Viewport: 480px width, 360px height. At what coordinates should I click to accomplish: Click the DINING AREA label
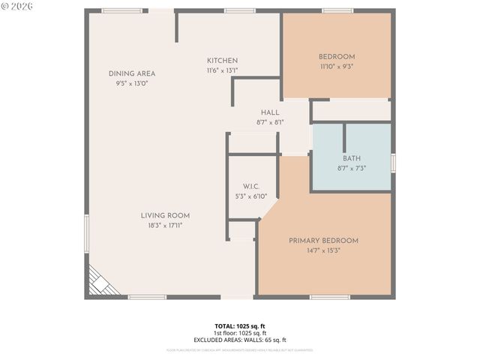pos(132,73)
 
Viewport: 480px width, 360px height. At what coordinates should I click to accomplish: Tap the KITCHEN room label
pos(223,61)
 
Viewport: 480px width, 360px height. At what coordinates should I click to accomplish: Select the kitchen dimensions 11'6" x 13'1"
pos(223,70)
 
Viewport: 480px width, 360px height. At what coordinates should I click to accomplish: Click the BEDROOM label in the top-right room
pos(337,57)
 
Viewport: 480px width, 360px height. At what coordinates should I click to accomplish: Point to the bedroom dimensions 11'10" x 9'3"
pos(337,67)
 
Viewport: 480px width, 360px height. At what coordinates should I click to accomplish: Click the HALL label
pos(270,112)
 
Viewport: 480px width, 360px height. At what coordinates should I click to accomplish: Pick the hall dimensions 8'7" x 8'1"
pos(270,122)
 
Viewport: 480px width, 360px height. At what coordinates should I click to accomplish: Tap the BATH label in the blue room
pos(352,158)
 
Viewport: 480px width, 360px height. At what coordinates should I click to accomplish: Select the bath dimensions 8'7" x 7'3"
pos(352,168)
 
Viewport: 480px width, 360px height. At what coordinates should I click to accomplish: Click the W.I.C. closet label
pos(250,186)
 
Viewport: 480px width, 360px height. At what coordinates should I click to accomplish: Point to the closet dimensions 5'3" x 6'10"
pos(250,196)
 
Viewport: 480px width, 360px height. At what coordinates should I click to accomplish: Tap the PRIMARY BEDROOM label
pos(323,241)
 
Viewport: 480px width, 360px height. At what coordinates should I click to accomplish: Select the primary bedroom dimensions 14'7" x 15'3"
pos(323,250)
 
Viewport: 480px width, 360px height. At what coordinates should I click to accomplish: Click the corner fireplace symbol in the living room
pos(97,284)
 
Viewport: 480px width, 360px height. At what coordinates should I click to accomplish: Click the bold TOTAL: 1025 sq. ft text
pos(240,326)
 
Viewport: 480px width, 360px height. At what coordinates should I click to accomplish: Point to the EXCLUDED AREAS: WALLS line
pos(240,340)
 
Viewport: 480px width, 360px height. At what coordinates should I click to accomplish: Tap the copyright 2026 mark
pos(17,6)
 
